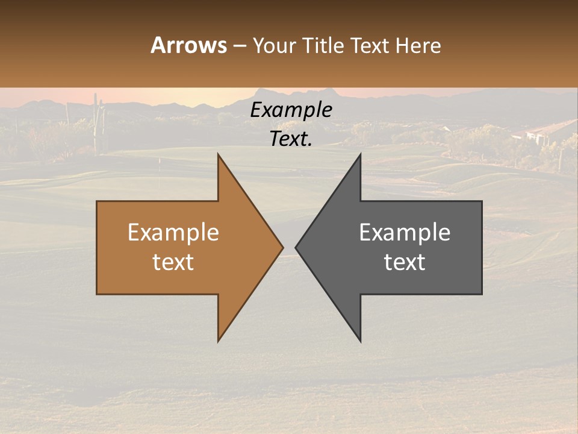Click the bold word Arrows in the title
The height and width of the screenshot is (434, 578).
[x=188, y=45]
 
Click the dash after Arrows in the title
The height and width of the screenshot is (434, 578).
[x=239, y=46]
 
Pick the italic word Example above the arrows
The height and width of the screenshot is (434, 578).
[x=291, y=110]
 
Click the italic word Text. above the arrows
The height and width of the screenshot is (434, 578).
[x=291, y=139]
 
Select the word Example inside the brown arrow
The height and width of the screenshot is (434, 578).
[x=173, y=232]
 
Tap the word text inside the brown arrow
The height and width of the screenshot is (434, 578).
[x=173, y=262]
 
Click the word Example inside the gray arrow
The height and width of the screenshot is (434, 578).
[x=405, y=232]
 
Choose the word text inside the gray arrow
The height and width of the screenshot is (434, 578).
[x=405, y=262]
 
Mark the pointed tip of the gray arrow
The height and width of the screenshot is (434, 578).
[x=296, y=247]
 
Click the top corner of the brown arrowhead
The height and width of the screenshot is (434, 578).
[x=218, y=155]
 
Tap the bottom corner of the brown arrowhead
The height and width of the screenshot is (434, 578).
[x=218, y=340]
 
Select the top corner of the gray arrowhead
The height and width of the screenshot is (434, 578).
[x=360, y=155]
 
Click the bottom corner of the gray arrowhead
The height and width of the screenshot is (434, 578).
[x=360, y=341]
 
